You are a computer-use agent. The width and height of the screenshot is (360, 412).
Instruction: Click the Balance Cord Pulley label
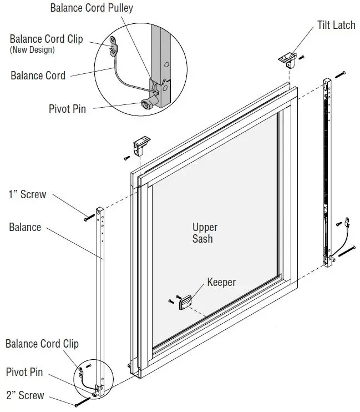click(x=92, y=8)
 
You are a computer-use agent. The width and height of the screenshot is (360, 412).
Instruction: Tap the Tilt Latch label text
click(x=336, y=26)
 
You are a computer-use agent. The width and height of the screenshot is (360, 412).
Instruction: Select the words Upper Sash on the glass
click(x=205, y=233)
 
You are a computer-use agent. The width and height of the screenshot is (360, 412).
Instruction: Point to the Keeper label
click(x=221, y=282)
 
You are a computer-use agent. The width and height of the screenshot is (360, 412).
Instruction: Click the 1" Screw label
click(x=27, y=195)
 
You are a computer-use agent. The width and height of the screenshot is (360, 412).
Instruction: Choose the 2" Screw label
click(x=25, y=395)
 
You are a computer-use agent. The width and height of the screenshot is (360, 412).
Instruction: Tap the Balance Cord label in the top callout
click(x=38, y=76)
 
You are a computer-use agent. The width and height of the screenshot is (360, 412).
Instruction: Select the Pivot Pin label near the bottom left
click(x=24, y=372)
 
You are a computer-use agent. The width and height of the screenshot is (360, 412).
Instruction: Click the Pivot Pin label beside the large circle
click(x=67, y=109)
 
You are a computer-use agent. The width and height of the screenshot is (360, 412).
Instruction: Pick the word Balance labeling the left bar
click(x=25, y=227)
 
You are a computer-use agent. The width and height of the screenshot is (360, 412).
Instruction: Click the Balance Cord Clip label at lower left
click(x=42, y=344)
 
